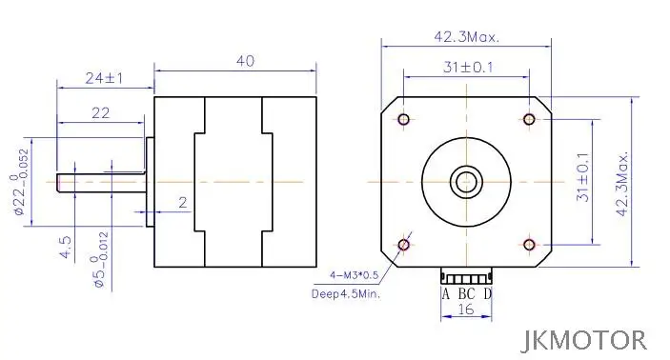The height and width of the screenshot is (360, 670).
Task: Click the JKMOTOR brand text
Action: [x=585, y=339]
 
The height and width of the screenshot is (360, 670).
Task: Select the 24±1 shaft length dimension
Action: [x=105, y=77]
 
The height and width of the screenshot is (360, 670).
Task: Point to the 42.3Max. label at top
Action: [x=466, y=37]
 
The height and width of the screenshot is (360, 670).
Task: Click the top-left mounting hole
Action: [x=404, y=120]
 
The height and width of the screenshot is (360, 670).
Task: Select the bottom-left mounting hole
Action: [x=404, y=245]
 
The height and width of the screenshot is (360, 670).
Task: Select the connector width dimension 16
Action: [x=466, y=310]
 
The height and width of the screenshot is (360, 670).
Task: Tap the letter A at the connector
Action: [x=445, y=293]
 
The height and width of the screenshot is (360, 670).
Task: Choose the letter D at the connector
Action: [x=487, y=293]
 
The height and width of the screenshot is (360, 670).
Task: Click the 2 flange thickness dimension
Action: [x=182, y=203]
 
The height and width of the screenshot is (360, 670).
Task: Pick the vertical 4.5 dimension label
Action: [x=66, y=250]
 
